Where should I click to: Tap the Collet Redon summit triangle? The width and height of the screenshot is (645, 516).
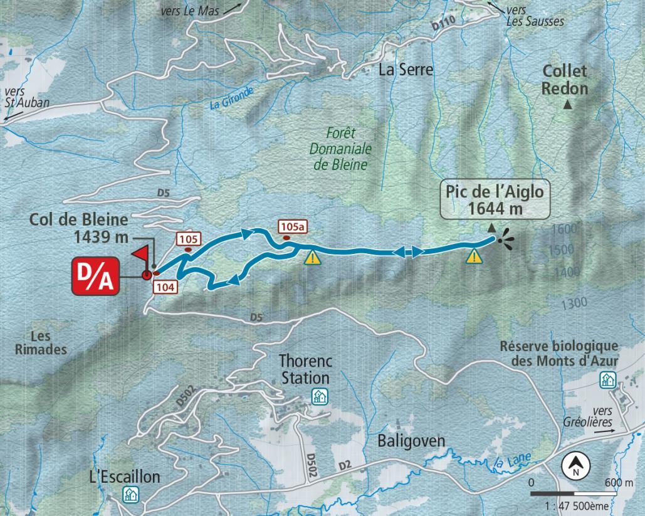tap(568, 105)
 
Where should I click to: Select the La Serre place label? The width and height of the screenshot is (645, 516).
tap(406, 70)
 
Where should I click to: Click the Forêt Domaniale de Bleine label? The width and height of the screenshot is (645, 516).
tap(341, 149)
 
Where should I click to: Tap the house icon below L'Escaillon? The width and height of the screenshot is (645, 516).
tap(131, 494)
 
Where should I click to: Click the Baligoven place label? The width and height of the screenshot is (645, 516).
tap(411, 441)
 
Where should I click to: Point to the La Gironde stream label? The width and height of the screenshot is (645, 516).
tap(232, 99)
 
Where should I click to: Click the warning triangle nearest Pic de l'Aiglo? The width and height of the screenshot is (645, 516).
tap(474, 256)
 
